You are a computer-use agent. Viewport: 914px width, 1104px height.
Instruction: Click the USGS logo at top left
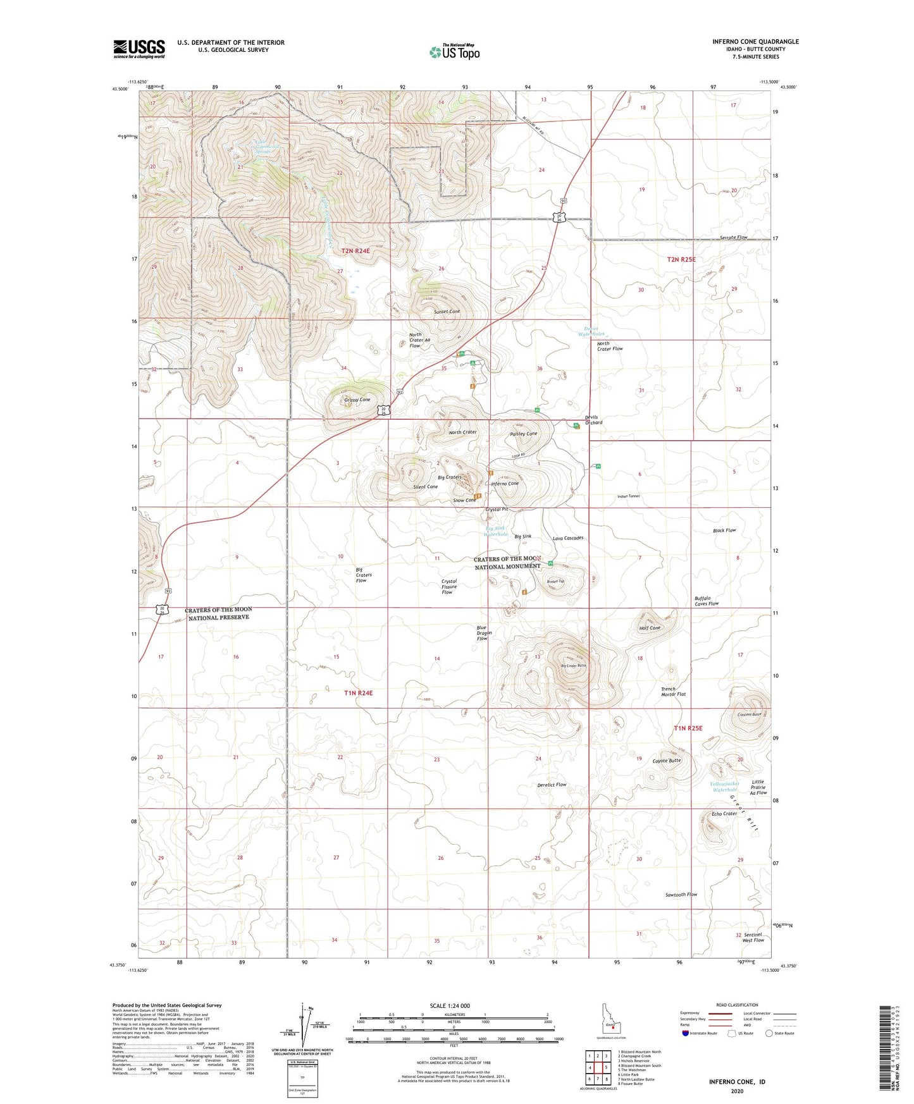point(139,49)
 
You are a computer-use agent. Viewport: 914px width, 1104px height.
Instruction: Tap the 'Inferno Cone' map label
point(505,484)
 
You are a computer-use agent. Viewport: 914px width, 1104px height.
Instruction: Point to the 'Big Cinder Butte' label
point(574,666)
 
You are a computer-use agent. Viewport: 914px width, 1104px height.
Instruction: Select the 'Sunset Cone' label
point(447,312)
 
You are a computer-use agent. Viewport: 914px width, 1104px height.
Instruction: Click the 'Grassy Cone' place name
point(357,400)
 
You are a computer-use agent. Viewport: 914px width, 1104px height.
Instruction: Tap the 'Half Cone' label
point(650,628)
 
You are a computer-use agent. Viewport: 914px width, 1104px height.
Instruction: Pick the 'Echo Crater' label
point(724,814)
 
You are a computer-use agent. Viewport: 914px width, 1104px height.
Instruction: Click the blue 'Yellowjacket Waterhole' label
point(724,787)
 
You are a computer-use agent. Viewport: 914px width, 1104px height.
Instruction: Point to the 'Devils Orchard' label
point(593,420)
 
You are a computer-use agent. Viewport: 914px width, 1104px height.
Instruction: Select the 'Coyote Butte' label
point(667,761)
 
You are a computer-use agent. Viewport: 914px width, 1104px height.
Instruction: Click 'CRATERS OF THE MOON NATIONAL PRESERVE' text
point(218,613)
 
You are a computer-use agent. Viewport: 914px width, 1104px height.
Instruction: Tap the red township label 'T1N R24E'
point(358,693)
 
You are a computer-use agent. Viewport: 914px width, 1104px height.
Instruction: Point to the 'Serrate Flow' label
point(733,237)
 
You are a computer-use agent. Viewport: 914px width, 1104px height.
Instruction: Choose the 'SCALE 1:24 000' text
point(449,1005)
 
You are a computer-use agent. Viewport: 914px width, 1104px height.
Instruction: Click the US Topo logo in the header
point(454,51)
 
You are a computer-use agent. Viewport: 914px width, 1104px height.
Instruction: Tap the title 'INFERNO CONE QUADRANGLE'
point(755,42)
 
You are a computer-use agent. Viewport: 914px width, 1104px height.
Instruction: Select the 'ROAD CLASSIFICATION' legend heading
point(737,1005)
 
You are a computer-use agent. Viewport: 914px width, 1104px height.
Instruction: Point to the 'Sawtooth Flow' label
point(681,895)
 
